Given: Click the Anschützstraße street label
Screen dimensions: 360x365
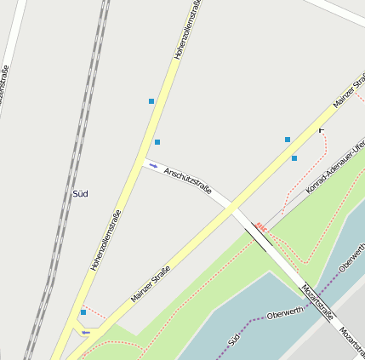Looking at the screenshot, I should [187, 180].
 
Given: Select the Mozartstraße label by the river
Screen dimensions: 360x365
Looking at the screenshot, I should [317, 303].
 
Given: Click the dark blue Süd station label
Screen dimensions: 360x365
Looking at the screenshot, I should [81, 193].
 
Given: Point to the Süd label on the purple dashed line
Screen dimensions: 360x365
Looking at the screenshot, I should [234, 339].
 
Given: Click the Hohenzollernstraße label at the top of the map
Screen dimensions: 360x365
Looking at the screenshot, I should [187, 30].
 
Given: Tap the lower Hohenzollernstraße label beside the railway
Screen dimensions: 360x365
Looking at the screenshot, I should [106, 240].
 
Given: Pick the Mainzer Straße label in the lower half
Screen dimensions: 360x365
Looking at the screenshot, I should [151, 284].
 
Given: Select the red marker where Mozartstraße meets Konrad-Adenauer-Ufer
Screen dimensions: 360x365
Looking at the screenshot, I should [260, 227].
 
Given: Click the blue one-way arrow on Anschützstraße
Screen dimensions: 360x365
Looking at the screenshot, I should [153, 165].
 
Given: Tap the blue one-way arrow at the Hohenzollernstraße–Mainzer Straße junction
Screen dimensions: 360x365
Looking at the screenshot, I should [85, 332].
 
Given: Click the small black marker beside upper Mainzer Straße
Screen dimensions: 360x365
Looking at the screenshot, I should [321, 130].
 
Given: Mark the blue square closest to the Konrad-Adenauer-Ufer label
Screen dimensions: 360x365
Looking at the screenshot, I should [294, 158].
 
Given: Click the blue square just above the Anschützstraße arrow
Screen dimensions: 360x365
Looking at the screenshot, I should [157, 141].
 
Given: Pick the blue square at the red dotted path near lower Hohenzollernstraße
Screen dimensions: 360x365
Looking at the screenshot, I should [83, 312].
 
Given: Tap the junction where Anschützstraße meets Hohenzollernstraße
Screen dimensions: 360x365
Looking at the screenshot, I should [139, 162].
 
